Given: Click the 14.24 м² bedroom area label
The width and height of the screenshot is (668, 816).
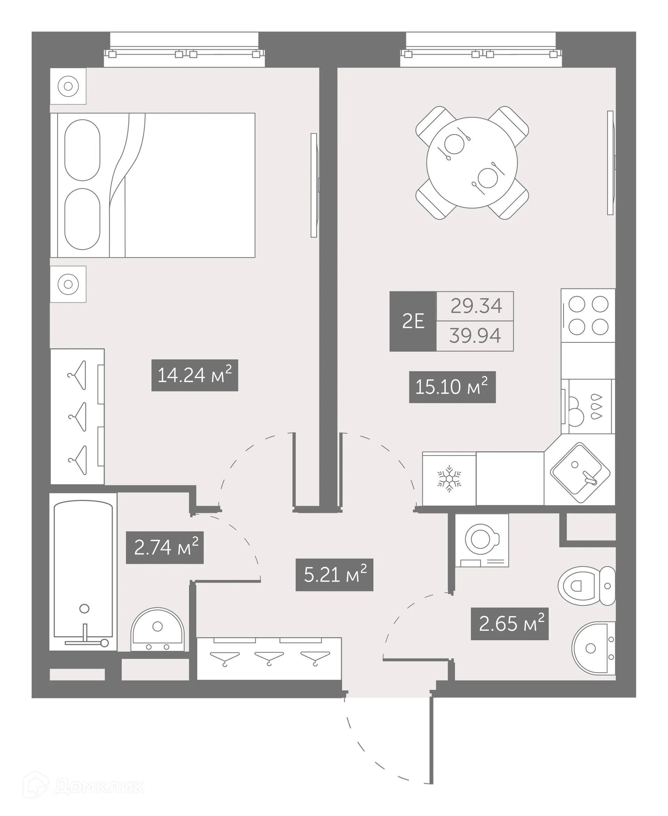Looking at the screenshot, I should click(194, 375).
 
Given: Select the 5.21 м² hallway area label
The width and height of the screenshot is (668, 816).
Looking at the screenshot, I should click(334, 575).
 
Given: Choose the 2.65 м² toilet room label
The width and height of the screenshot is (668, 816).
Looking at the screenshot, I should click(509, 624).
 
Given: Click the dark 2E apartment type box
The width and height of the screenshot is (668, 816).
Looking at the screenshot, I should click(413, 321).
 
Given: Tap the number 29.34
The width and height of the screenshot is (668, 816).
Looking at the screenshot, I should click(476, 306).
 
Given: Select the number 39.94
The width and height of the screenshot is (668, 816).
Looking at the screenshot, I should click(475, 336).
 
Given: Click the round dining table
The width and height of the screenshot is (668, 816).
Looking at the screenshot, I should click(472, 163).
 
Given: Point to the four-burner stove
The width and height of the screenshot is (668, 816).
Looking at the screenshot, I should click(588, 316).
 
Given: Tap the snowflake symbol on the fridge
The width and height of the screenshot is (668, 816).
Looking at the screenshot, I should click(449, 479).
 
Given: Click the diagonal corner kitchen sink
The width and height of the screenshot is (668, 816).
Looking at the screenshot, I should click(580, 473).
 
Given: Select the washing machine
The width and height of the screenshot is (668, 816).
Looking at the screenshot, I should click(482, 540).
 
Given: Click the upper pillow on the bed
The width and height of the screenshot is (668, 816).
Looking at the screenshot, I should click(82, 150).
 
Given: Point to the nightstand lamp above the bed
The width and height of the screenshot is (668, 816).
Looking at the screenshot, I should click(68, 86).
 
